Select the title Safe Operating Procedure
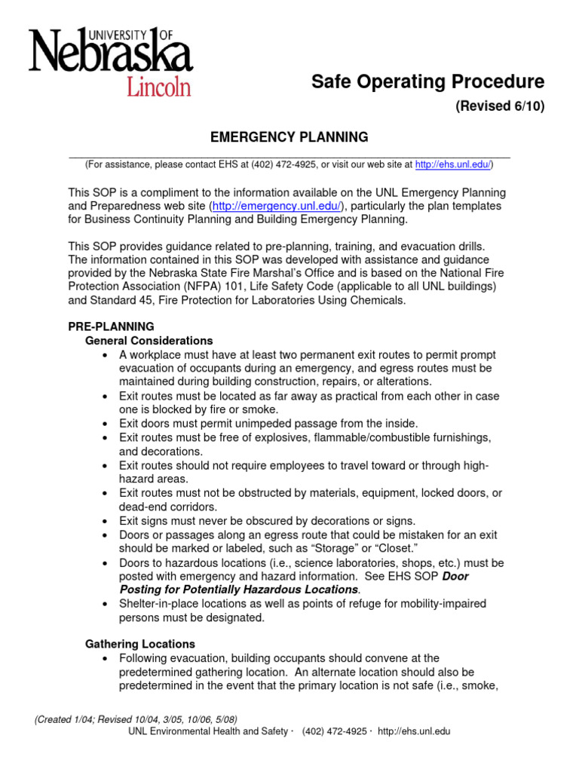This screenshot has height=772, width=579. click(427, 81)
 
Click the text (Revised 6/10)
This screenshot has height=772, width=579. click(499, 106)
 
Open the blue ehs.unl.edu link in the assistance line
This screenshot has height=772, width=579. click(453, 164)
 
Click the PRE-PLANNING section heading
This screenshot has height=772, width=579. click(111, 326)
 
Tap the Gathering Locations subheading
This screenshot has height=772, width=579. click(139, 644)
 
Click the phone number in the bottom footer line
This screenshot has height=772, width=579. click(335, 731)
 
